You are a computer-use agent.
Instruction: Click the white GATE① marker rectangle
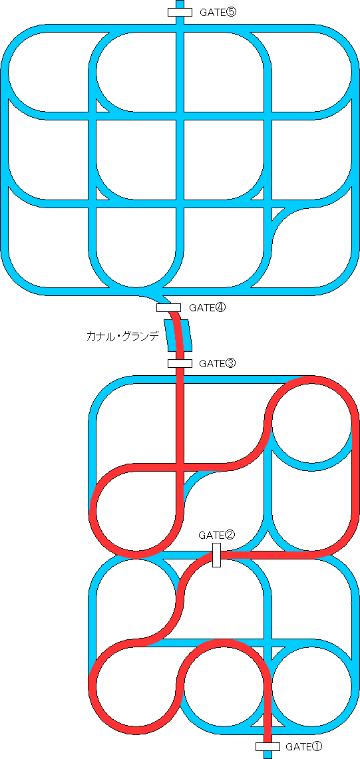click(x=268, y=746)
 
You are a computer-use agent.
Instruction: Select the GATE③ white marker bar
click(x=180, y=363)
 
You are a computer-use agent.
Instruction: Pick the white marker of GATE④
click(x=168, y=307)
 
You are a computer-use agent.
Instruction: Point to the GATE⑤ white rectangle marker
click(x=180, y=13)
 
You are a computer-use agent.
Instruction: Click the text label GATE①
click(x=304, y=747)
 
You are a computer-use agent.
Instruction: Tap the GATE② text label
click(x=216, y=535)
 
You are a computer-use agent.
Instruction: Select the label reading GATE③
click(x=218, y=363)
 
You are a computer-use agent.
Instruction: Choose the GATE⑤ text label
click(x=218, y=13)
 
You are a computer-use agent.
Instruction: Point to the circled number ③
click(x=231, y=363)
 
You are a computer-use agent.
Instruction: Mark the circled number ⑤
click(x=232, y=13)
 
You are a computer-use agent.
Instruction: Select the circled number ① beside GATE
click(x=317, y=747)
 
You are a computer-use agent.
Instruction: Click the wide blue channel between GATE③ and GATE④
click(x=178, y=335)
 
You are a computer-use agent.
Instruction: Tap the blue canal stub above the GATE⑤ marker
click(x=180, y=4)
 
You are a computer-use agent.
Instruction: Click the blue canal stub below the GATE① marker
click(x=268, y=754)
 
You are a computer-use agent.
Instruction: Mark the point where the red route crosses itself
click(x=180, y=466)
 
